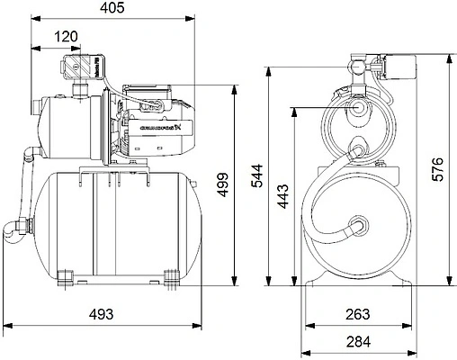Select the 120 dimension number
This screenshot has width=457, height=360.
[x=65, y=37]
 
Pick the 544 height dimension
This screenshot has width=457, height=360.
[x=256, y=172]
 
